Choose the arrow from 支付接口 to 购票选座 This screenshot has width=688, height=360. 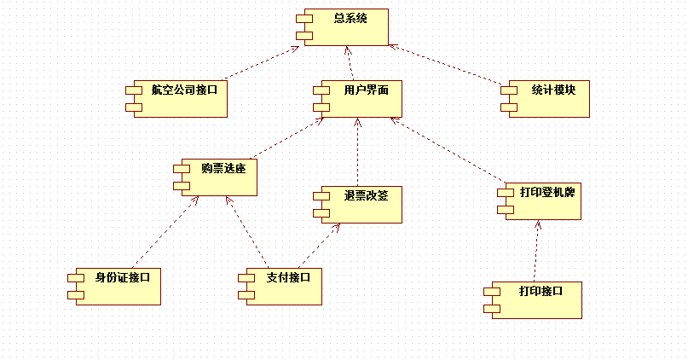click(x=246, y=231)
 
